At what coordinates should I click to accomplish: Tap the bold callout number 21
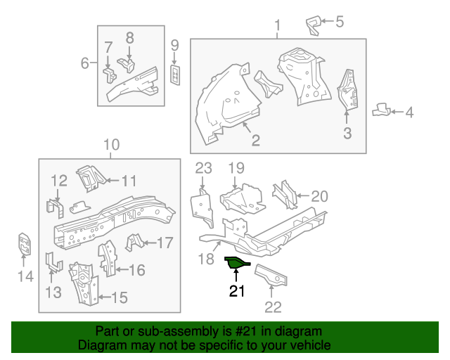(237, 291)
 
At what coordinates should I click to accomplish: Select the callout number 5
(340, 22)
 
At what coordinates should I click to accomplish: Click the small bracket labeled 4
(381, 110)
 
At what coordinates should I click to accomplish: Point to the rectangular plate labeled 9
(175, 75)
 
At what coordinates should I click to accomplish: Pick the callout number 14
(25, 276)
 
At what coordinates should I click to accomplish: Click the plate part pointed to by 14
(25, 244)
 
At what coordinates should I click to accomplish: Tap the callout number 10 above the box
(111, 145)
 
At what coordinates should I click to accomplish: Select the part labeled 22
(271, 275)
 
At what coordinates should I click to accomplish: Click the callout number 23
(203, 168)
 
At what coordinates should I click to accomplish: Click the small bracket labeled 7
(110, 76)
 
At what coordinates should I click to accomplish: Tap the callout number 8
(129, 38)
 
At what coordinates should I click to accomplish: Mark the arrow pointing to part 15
(105, 297)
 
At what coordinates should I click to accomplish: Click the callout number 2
(256, 140)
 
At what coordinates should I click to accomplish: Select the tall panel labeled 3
(347, 89)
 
